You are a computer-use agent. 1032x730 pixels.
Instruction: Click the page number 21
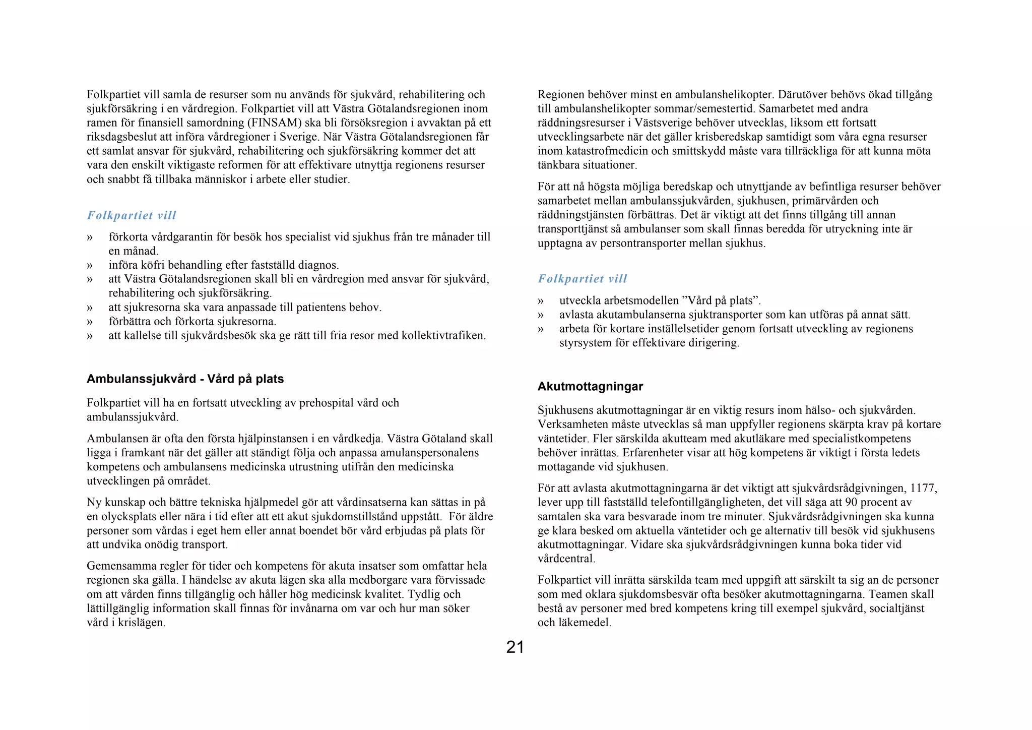tap(515, 647)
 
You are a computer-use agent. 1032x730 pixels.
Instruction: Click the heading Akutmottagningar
tap(590, 387)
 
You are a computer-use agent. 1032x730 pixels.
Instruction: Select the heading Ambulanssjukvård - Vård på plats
tap(185, 379)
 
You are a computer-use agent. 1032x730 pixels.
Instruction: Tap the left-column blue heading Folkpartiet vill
tap(132, 215)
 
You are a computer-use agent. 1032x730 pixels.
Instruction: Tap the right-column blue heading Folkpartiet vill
tap(582, 279)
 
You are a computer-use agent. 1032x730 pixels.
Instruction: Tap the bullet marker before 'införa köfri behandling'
tap(90, 265)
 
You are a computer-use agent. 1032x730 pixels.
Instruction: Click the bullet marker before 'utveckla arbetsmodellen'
tap(541, 301)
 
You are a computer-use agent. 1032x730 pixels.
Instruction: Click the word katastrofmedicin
tap(602, 151)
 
